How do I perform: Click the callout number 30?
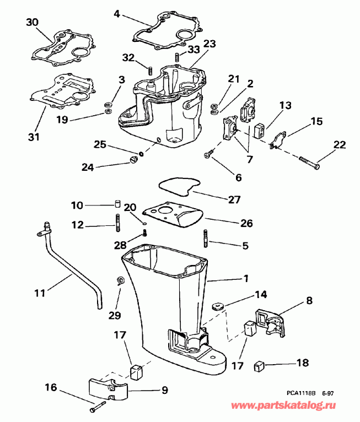(x=33, y=22)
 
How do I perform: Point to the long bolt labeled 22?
(x=311, y=162)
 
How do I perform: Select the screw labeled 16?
(x=98, y=407)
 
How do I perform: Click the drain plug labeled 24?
(x=132, y=160)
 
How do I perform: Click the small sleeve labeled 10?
(x=117, y=205)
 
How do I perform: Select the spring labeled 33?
(x=177, y=57)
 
